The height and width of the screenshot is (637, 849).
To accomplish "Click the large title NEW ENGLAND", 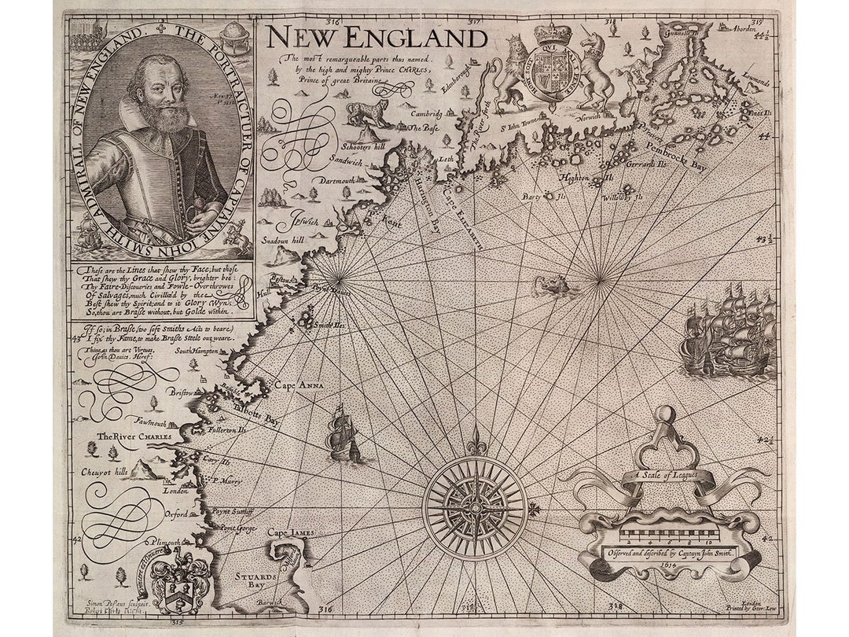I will (x=375, y=37).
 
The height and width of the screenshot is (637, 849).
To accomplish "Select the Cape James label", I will (x=291, y=532).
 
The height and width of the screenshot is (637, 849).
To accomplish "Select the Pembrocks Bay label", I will (x=700, y=150).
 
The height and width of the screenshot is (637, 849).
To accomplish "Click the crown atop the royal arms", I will (x=553, y=34).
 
